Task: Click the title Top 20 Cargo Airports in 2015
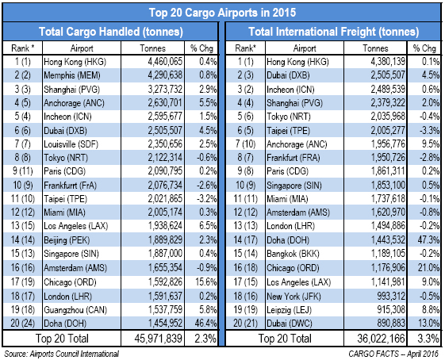[222, 13]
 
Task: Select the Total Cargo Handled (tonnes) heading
[111, 32]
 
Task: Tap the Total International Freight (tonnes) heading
[333, 32]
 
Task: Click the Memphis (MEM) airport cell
[72, 75]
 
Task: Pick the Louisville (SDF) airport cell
[71, 144]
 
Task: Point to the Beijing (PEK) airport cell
[67, 240]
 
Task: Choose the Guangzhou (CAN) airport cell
[75, 310]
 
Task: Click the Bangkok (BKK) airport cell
[293, 253]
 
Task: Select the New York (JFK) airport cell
[293, 297]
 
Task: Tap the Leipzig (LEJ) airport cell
[289, 310]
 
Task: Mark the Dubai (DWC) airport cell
[290, 323]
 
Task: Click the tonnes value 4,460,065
[165, 62]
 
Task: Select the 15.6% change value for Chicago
[206, 282]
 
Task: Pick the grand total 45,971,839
[159, 339]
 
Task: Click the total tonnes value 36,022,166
[381, 339]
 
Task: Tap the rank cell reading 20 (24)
[22, 323]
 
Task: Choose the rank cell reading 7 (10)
[245, 144]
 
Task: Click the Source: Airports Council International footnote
[62, 354]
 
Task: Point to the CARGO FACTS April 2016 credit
[393, 354]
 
